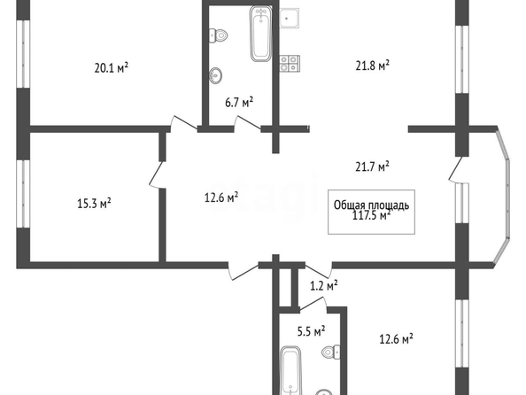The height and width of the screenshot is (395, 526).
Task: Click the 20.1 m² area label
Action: click(x=112, y=68)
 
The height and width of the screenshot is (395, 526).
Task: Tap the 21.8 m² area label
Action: click(x=372, y=66)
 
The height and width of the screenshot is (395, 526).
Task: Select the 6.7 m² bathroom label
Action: click(x=239, y=102)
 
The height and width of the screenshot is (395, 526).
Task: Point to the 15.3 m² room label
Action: click(x=94, y=203)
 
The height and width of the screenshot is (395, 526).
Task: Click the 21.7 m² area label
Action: click(x=372, y=167)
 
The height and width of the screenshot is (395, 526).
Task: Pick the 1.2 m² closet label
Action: click(x=323, y=285)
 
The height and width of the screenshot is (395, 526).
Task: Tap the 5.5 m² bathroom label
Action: click(x=312, y=331)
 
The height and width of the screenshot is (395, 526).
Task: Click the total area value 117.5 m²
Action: click(x=372, y=215)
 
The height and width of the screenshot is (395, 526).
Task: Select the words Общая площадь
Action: click(x=371, y=205)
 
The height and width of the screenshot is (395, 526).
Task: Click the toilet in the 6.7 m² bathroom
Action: click(x=219, y=35)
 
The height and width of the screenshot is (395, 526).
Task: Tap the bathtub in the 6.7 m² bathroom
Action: click(x=260, y=34)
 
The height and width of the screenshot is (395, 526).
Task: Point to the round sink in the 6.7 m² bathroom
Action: click(x=215, y=75)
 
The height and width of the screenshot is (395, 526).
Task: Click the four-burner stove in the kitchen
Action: click(x=290, y=64)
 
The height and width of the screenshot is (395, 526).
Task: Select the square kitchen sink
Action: click(x=289, y=19)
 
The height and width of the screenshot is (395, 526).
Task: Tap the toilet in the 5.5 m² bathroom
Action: click(x=331, y=352)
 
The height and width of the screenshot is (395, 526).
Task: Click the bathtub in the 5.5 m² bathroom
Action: click(x=291, y=371)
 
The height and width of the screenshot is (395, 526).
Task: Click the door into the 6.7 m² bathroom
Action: click(x=247, y=123)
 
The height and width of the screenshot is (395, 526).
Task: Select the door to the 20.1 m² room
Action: click(x=183, y=123)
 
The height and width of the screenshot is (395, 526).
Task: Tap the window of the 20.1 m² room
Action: click(x=23, y=54)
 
